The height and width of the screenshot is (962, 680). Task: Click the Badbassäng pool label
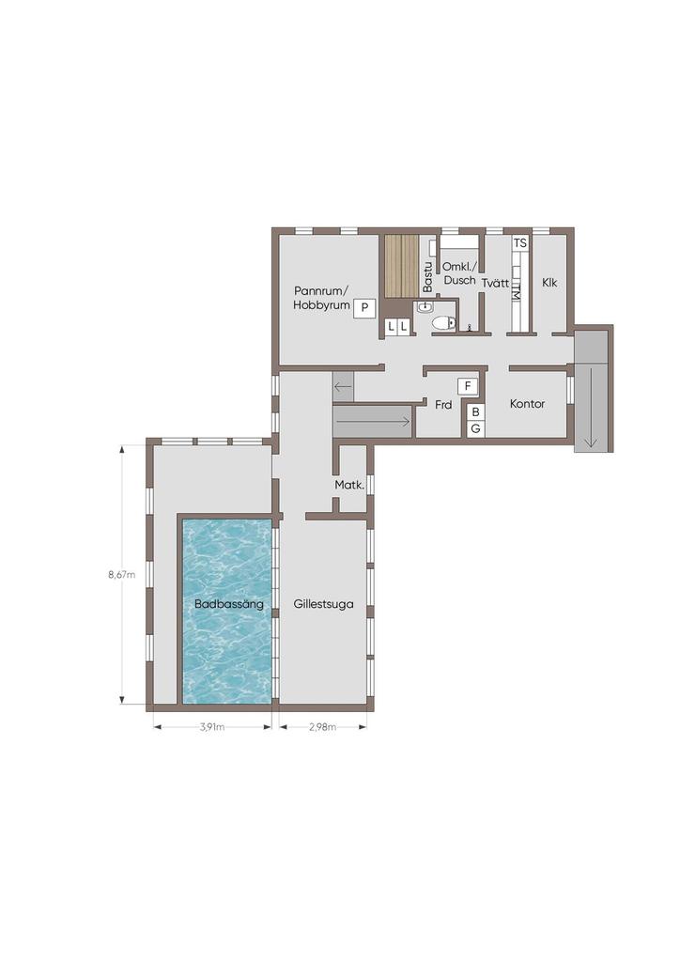(x=229, y=604)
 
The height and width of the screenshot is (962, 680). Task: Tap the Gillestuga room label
(x=323, y=604)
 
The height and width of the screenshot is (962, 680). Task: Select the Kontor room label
(x=527, y=404)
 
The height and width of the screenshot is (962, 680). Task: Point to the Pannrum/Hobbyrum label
(x=321, y=298)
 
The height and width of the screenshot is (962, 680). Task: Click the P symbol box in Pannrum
(x=364, y=307)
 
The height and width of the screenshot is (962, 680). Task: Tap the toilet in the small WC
(x=444, y=321)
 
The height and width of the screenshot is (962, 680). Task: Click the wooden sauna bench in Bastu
(x=401, y=266)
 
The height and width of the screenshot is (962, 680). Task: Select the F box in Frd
(x=468, y=386)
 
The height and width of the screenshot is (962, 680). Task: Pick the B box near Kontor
(x=475, y=413)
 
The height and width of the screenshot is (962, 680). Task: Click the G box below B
(x=475, y=428)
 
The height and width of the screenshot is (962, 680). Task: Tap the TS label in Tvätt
(x=520, y=243)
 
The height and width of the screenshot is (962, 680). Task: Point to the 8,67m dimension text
(x=122, y=575)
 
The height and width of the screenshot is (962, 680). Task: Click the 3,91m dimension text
(x=212, y=728)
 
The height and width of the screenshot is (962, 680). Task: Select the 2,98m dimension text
(x=322, y=728)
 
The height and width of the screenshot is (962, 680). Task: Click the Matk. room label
(x=349, y=485)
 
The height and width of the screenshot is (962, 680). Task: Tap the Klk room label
(x=550, y=283)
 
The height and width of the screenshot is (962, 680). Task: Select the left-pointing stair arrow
(x=343, y=387)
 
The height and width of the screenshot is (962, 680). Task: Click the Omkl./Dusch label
(x=459, y=273)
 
